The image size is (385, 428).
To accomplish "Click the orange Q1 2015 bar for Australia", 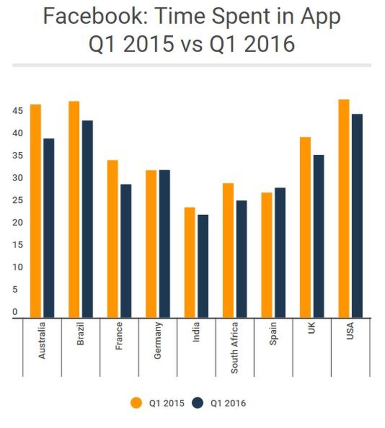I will point(36,211).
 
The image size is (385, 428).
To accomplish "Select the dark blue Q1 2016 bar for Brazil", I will point(87,219).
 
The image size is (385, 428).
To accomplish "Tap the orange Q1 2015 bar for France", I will point(113,239).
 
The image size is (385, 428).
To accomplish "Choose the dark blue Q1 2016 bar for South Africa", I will point(241,259).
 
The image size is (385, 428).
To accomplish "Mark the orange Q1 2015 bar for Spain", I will point(267,255).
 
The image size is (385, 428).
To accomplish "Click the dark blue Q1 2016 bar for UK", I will point(318,236).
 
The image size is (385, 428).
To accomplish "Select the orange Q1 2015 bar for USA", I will point(344,209).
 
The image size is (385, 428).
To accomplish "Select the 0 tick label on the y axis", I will point(15,312).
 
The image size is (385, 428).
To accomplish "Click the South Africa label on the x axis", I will point(235,348).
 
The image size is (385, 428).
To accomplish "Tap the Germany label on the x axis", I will point(158,341).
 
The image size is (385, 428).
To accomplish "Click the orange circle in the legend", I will point(136,403).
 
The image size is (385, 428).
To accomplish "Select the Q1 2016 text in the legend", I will point(228,403).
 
